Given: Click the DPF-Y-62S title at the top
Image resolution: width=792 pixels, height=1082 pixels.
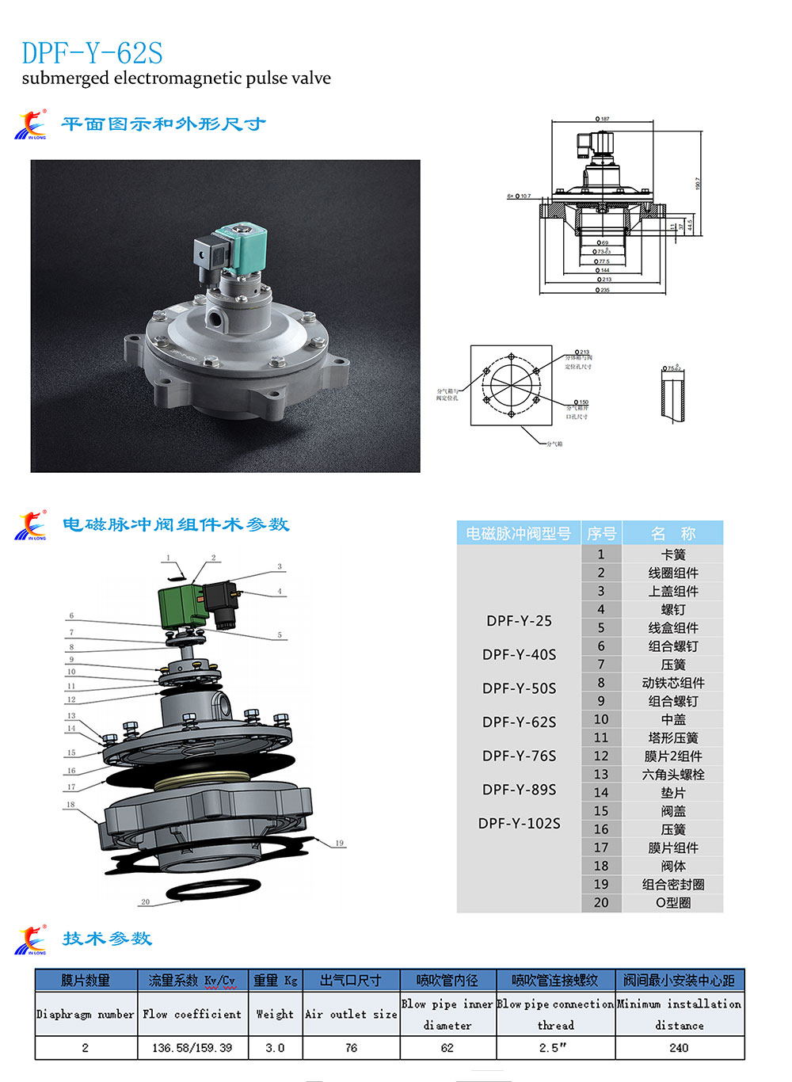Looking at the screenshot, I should (x=92, y=53).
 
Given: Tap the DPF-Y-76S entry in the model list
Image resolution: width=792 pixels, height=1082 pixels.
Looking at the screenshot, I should (x=519, y=756).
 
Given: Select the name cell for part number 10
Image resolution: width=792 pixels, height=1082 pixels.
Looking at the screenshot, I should (x=672, y=719).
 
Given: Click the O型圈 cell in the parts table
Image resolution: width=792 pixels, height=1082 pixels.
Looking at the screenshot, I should (x=672, y=902).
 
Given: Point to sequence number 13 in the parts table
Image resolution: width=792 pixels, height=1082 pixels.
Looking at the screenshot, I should (x=601, y=774).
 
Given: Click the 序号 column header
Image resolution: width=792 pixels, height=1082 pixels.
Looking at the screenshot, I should (x=601, y=533).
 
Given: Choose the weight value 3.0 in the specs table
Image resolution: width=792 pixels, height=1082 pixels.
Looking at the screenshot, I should (x=275, y=1047).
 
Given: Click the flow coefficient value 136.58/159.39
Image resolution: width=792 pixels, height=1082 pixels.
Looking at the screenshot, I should (x=192, y=1047).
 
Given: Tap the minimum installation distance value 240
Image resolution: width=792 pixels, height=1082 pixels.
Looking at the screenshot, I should (x=679, y=1047).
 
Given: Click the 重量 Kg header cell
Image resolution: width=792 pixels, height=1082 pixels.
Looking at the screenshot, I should (x=275, y=981).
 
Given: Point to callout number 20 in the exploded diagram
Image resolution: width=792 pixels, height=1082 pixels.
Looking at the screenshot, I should (x=145, y=901).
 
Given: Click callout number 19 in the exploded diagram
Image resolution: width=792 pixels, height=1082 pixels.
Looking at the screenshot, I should (x=339, y=843).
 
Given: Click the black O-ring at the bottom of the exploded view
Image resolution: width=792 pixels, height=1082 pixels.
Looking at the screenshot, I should (x=212, y=889).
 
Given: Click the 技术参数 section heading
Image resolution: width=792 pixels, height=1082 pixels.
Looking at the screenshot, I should (x=107, y=939).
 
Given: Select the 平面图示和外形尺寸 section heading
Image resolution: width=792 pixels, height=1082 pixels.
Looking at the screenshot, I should (x=163, y=124).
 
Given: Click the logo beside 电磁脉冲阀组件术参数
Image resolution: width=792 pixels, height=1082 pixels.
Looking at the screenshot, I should (x=31, y=525).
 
